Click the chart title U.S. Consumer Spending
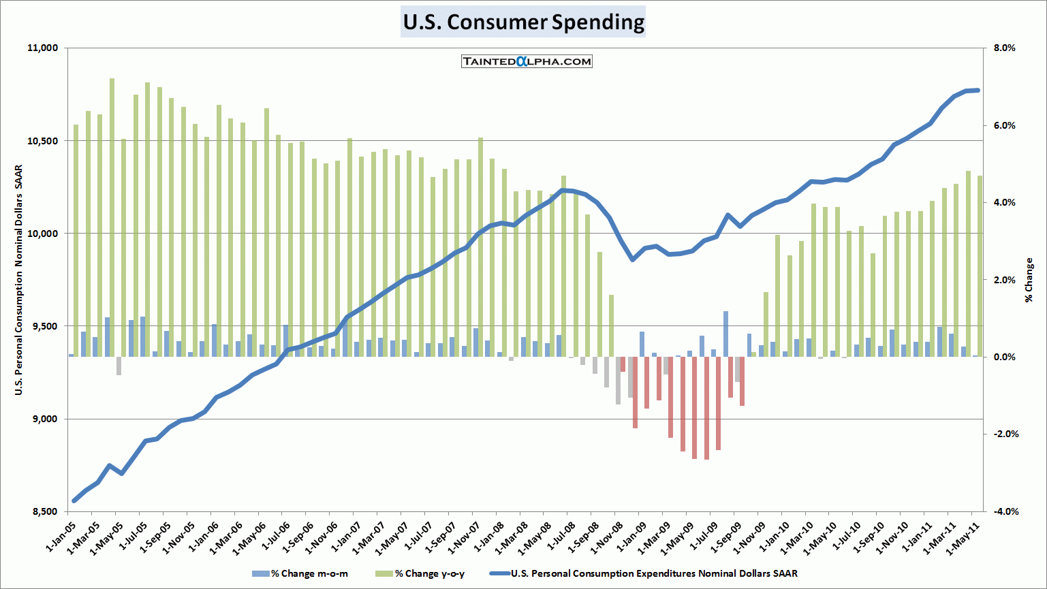point(523,22)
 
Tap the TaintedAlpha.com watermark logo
point(527,61)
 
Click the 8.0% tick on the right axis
point(1004,48)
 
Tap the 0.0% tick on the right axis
point(1004,357)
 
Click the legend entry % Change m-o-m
point(300,573)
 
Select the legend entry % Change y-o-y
point(420,573)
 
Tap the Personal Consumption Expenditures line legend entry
point(644,573)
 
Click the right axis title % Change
point(1029,279)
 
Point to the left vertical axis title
point(19,279)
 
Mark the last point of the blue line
point(978,90)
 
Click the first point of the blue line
point(74,500)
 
